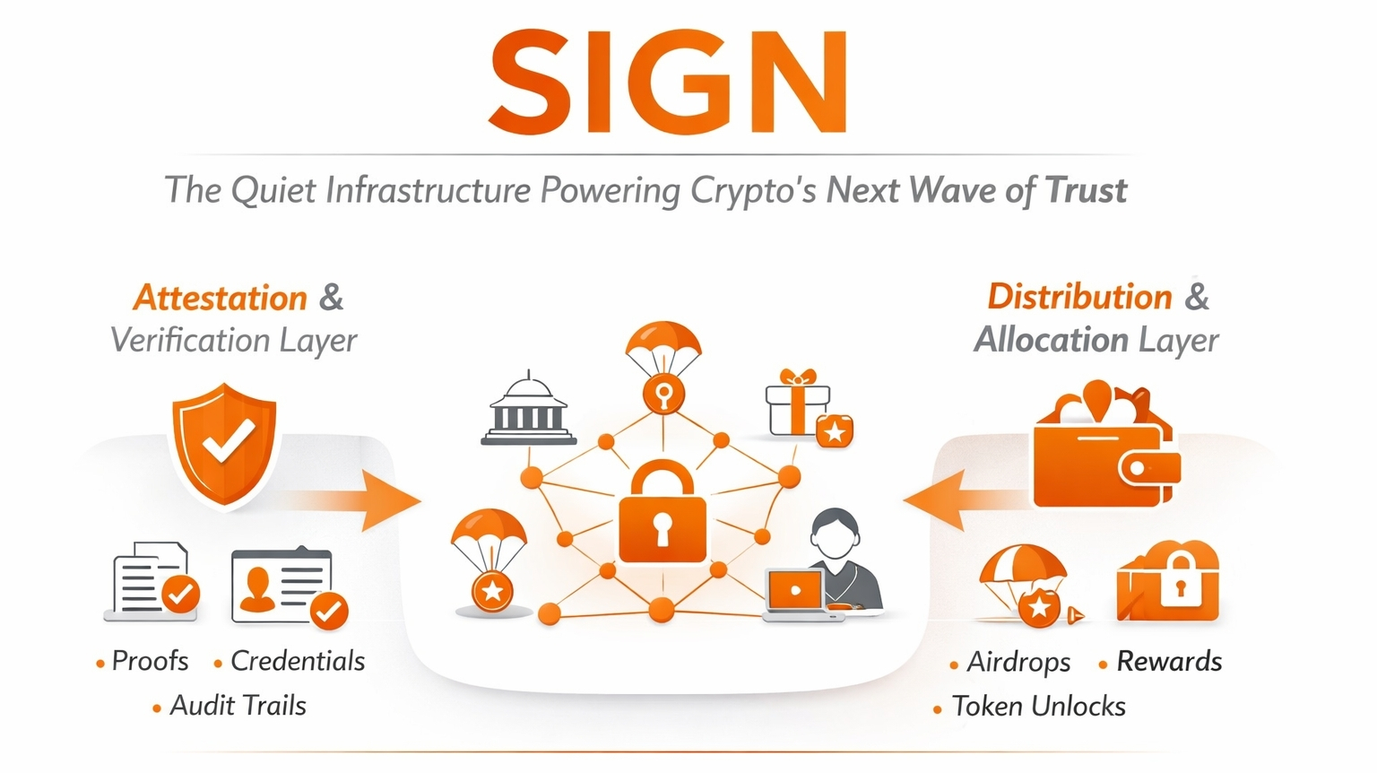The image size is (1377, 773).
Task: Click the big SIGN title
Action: point(668,83)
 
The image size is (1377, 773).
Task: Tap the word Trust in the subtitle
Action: point(1086,190)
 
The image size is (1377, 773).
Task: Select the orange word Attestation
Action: point(221,298)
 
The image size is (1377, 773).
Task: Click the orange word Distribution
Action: point(1079,297)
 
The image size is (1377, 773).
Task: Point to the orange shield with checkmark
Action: point(224,441)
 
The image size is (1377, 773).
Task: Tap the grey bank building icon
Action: point(529,411)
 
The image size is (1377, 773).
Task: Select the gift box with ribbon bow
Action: point(798,404)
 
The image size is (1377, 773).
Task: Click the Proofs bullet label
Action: point(150,661)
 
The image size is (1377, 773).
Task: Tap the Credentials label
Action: point(298,661)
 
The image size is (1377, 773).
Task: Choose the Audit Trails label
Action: point(238,706)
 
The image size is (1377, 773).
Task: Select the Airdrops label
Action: point(1018,662)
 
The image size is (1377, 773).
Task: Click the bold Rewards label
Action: point(1169,662)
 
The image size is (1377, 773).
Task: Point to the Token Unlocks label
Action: point(1038,707)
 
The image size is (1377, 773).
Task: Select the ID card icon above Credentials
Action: point(282,585)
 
